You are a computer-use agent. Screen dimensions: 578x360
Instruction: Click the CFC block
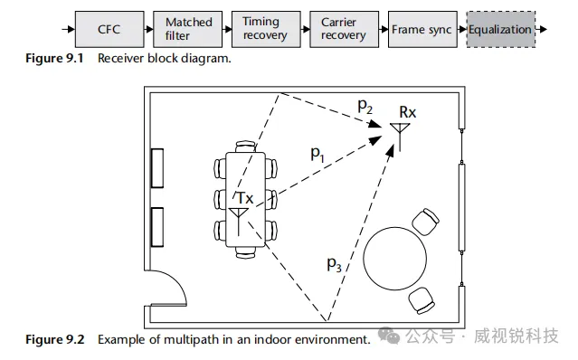pos(109,29)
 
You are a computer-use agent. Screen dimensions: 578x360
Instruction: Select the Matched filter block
pos(187,29)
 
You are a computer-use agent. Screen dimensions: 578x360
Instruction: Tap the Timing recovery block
pos(266,29)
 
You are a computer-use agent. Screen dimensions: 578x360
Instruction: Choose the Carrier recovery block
pos(345,29)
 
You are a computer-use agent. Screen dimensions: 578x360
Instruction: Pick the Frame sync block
pos(422,29)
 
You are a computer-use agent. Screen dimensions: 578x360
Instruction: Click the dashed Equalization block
pos(501,29)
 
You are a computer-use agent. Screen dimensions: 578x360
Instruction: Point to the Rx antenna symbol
pos(400,136)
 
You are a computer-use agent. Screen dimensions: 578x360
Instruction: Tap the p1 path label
pos(317,153)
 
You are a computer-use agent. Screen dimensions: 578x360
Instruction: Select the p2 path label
pos(365,106)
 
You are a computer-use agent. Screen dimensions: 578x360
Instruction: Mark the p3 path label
pos(334,264)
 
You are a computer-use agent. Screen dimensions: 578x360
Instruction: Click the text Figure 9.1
pos(54,58)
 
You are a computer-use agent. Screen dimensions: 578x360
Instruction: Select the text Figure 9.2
pos(54,339)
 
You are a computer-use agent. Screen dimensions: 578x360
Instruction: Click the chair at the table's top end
pos(245,147)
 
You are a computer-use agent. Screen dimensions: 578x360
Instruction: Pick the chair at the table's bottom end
pos(245,252)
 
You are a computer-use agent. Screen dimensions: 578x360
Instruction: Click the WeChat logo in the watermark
pos(389,336)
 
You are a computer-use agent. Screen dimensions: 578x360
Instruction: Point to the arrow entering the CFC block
pos(69,29)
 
